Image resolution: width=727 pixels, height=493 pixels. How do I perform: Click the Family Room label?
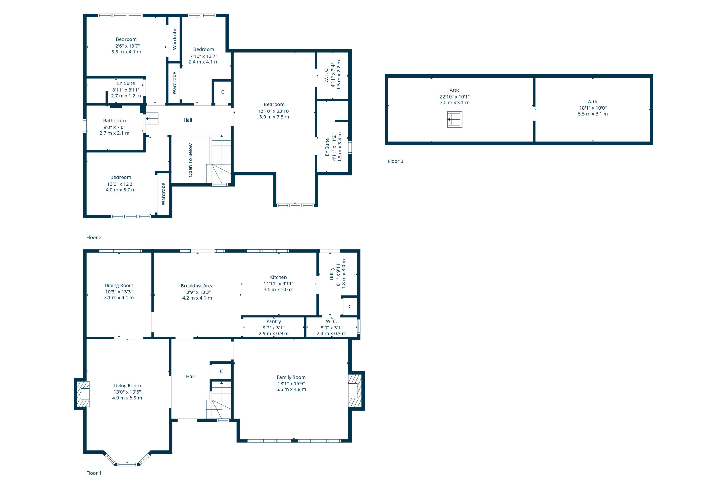pos(291,377)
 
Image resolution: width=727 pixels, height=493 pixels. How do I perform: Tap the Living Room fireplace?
pos(83,394)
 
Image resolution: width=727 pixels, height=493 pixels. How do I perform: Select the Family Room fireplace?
pos(355,391)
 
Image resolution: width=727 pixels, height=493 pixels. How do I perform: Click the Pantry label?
pos(273,321)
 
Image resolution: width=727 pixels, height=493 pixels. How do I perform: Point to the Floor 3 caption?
pos(395,161)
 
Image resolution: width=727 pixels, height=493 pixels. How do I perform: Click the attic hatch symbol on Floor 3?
pos(455,119)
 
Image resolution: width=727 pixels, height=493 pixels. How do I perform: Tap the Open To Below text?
pos(190,160)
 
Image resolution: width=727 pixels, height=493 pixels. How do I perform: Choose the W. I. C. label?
pos(326,75)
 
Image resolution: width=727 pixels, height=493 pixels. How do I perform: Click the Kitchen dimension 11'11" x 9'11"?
pos(278,284)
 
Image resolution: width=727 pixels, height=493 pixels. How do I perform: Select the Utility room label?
pos(332,273)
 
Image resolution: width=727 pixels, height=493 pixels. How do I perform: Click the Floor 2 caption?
pos(94,237)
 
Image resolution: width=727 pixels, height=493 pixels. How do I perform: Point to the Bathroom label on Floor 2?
pos(114,120)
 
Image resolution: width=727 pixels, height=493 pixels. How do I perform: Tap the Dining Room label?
pos(119,285)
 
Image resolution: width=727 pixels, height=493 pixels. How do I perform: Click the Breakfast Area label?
pos(197,286)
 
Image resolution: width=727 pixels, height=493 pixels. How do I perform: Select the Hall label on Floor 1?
pos(190,377)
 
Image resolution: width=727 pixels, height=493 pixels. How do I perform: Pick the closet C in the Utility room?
pos(350,306)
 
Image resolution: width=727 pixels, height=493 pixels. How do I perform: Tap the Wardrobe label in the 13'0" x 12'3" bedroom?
pos(163,194)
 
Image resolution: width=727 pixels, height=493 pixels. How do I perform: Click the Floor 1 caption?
pos(94,473)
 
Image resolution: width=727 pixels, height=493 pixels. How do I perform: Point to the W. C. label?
pos(331,321)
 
